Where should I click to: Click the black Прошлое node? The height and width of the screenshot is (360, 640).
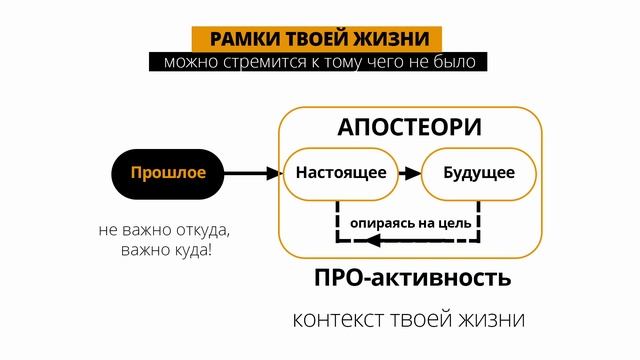pos(167,173)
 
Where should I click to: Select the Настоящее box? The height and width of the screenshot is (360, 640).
pos(341,173)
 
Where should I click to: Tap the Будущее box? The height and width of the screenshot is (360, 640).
pos(479,173)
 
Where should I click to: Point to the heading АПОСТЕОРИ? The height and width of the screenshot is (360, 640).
pos(410,128)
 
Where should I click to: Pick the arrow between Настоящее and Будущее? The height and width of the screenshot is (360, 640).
pos(411,173)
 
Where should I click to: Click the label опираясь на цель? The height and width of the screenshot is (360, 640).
pos(409,220)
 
